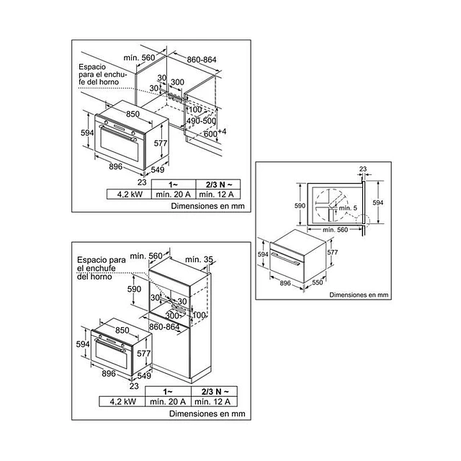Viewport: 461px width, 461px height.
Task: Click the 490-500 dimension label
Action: click(x=201, y=121)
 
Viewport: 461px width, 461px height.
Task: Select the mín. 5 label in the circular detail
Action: click(x=348, y=208)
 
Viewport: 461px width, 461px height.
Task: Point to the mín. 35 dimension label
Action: click(x=199, y=259)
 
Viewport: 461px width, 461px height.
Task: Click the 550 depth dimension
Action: click(x=317, y=282)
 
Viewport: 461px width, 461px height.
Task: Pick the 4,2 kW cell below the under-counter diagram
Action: click(x=130, y=194)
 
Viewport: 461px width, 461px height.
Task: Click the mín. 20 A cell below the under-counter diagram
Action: click(x=173, y=194)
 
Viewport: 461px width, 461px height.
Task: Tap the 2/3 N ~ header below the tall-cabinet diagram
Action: click(x=215, y=392)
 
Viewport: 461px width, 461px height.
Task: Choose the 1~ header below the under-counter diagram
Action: click(x=173, y=184)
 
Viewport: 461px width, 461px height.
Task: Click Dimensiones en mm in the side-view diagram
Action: click(x=359, y=295)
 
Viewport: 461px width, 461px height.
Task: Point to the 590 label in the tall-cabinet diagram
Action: click(x=134, y=289)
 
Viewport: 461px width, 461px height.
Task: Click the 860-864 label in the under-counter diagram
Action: click(x=202, y=60)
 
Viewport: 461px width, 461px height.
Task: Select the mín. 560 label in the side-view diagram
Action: click(x=335, y=230)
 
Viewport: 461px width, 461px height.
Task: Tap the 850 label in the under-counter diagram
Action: click(x=133, y=114)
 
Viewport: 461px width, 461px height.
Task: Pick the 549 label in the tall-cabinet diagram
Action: click(x=144, y=375)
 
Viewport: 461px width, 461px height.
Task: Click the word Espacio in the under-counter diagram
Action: click(x=92, y=67)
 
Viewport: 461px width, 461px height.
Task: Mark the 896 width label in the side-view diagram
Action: click(x=285, y=283)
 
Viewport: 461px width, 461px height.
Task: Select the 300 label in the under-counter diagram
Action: click(x=178, y=82)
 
